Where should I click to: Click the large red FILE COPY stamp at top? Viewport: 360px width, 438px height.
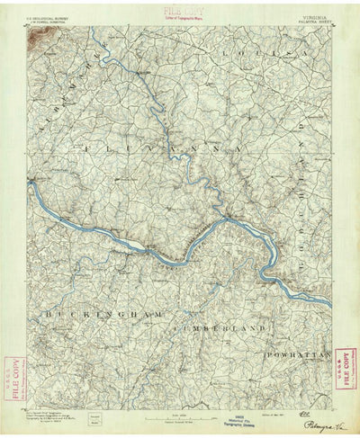click(178, 8)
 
